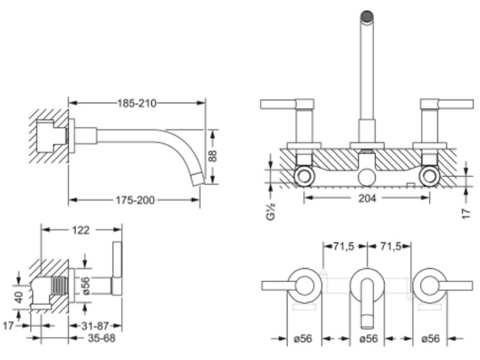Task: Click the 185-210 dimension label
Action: pyautogui.click(x=137, y=104)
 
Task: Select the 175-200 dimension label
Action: pyautogui.click(x=135, y=200)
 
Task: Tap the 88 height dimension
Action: pyautogui.click(x=213, y=156)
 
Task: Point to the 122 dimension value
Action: pyautogui.click(x=81, y=230)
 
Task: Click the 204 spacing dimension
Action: pyautogui.click(x=367, y=198)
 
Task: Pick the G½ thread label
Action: pyautogui.click(x=271, y=212)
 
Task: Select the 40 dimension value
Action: pyautogui.click(x=19, y=297)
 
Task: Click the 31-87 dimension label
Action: pyautogui.click(x=95, y=326)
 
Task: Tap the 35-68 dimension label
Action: pyautogui.click(x=101, y=338)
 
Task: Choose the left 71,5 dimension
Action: pyautogui.click(x=344, y=247)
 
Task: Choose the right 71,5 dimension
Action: pyautogui.click(x=390, y=247)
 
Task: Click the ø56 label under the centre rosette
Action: pyautogui.click(x=368, y=339)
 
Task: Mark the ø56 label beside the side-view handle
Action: pyautogui.click(x=86, y=286)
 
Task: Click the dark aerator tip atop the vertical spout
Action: pyautogui.click(x=367, y=17)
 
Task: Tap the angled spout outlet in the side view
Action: pyautogui.click(x=198, y=179)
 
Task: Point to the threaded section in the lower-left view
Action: pyautogui.click(x=60, y=286)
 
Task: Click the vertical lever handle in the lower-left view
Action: pyautogui.click(x=117, y=268)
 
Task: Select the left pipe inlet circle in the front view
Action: pyautogui.click(x=305, y=176)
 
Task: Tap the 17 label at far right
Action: pyautogui.click(x=466, y=214)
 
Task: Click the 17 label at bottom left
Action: pyautogui.click(x=8, y=326)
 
